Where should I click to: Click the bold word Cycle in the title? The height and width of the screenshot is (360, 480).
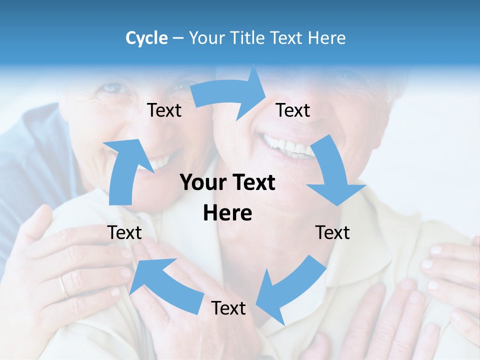tap(146, 38)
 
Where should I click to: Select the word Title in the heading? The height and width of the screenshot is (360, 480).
tap(248, 38)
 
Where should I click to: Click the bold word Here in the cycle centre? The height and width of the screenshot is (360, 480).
tap(227, 213)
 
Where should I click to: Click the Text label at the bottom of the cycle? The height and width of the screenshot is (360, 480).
tap(228, 308)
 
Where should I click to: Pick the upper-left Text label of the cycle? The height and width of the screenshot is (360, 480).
tap(164, 110)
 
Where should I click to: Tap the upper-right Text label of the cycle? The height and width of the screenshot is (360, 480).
tap(293, 110)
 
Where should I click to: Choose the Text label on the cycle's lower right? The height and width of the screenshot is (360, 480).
tap(332, 232)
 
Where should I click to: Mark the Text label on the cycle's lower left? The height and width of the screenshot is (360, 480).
tap(124, 232)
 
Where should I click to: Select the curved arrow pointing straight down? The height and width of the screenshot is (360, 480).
tap(334, 175)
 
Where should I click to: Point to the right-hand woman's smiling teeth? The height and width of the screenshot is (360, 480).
tap(287, 145)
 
